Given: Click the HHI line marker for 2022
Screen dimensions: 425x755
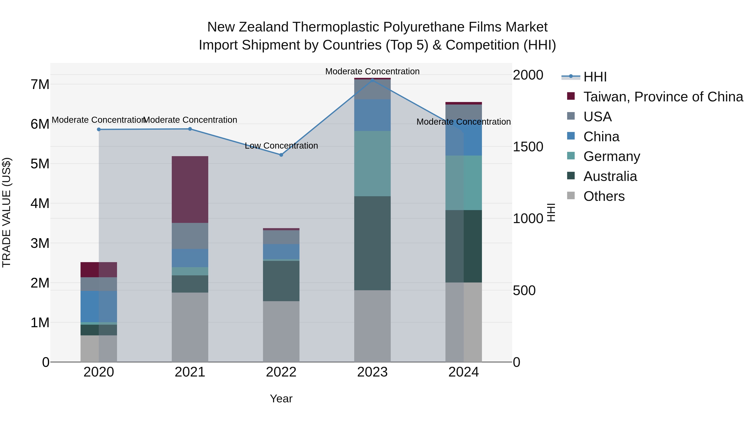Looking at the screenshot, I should coord(281,155).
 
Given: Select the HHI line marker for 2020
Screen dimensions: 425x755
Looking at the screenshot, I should coord(99,129).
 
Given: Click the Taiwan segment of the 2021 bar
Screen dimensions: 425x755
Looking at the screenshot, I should coord(190,190).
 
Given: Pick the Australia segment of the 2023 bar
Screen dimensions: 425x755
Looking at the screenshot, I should coord(372,243).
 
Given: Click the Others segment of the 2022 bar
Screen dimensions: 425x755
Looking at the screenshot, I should coord(281,331).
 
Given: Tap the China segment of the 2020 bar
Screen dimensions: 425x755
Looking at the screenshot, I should coord(99,306).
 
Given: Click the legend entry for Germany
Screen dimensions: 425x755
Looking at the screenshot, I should coord(611,156).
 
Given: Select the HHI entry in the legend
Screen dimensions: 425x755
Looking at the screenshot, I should coord(595,77).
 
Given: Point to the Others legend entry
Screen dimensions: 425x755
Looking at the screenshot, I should coord(604,196).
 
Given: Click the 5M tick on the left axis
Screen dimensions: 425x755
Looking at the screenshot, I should coord(40,164).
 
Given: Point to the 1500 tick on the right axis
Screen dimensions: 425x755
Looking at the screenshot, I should coord(528,147).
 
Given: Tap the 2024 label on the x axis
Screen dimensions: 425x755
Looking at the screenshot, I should coord(463,372).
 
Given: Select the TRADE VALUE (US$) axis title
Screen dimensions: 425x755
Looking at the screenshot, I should coord(7,212).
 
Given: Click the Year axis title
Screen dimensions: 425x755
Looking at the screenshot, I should coord(281,399).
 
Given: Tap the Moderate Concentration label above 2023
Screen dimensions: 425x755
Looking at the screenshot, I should coord(372,71).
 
